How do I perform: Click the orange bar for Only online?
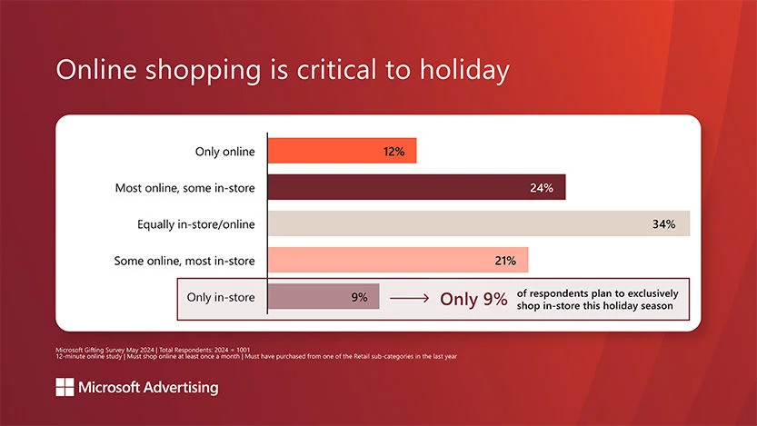(x=342, y=151)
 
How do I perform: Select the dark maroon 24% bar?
(x=416, y=187)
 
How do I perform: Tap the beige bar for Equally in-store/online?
(x=479, y=223)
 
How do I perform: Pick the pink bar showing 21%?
(x=398, y=260)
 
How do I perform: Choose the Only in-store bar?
(x=324, y=296)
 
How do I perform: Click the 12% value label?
(x=394, y=152)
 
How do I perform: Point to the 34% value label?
(x=663, y=223)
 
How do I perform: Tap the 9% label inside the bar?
(x=359, y=297)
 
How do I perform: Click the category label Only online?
(x=225, y=152)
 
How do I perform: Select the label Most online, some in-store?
(x=184, y=188)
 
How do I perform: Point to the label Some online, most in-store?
(x=184, y=261)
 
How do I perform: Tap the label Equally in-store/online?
(x=196, y=224)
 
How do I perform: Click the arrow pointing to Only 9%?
(x=409, y=299)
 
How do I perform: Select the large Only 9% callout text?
(x=473, y=299)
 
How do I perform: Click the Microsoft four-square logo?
(x=65, y=387)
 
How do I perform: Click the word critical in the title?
(x=336, y=69)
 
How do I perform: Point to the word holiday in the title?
(x=464, y=71)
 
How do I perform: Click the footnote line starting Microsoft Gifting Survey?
(x=153, y=350)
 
